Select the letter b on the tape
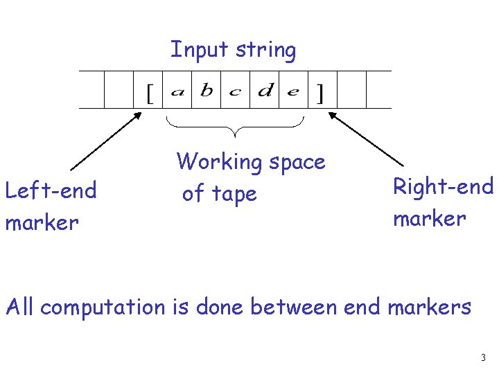coord(207,91)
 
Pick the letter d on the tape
coord(265,91)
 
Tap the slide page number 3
coord(483,358)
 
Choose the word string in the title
coord(265,51)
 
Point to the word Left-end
coord(51,190)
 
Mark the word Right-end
coord(443,187)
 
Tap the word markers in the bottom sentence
coord(429,306)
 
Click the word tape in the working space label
coord(235,195)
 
